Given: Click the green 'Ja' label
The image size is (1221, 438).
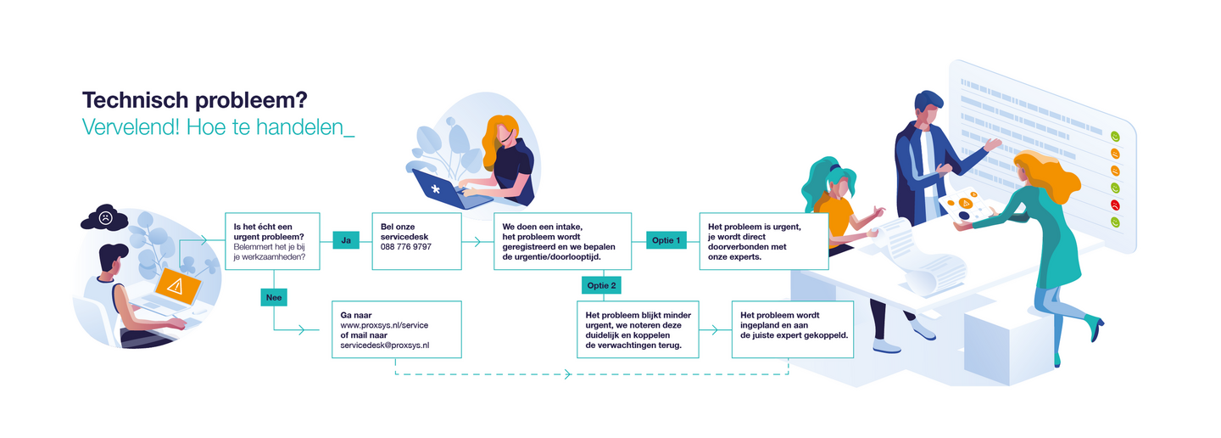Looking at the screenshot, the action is coord(346,240).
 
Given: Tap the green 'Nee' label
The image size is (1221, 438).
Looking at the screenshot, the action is coord(274,297).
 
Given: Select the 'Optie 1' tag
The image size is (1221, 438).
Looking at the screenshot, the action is coord(666,240).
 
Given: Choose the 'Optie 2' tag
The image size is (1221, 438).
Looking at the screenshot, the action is coord(601,285).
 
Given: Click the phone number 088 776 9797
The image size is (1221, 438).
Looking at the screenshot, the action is coord(405,247).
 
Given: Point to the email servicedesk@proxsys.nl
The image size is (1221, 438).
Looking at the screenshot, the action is coord(385,345).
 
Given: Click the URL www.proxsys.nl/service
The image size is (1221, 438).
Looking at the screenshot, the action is coord(384,325).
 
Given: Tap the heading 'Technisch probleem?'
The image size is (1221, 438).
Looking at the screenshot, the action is coord(195,101).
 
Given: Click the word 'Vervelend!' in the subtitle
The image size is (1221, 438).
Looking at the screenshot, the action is coord(131,127).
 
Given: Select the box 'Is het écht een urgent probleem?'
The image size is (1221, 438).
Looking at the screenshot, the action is coord(272,241).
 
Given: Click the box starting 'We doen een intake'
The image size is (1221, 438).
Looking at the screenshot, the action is coord(562,241).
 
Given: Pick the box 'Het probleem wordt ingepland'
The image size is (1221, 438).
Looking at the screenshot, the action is coord(793,329).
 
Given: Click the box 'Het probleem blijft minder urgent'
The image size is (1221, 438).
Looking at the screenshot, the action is coord(638,329).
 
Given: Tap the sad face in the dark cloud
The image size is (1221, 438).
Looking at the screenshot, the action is coord(105,218).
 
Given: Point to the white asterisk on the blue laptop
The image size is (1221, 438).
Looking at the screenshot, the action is coord(436,189).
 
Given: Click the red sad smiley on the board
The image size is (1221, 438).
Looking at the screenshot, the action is coord(1115,205).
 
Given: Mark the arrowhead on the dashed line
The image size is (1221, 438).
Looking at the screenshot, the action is coord(568,374).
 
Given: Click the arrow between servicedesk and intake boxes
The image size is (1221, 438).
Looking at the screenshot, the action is coord(472,241).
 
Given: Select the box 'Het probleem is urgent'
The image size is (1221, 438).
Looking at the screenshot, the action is coord(764,241).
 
